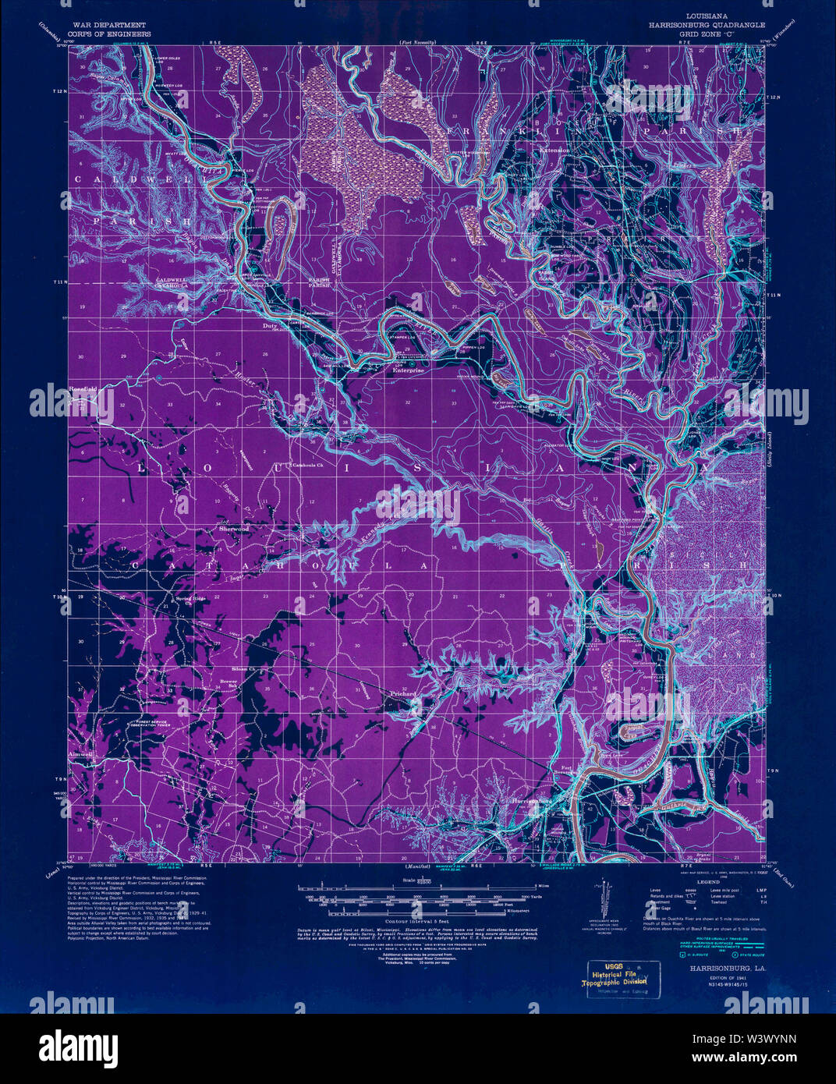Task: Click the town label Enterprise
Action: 408,371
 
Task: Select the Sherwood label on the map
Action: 234,529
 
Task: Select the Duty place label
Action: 270,326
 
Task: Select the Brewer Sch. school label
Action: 228,684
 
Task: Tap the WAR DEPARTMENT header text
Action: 108,26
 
